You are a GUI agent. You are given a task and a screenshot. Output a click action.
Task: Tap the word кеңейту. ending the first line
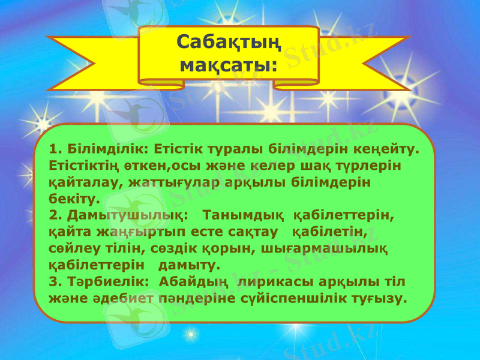(390, 148)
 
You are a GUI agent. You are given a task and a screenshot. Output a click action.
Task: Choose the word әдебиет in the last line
(112, 298)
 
